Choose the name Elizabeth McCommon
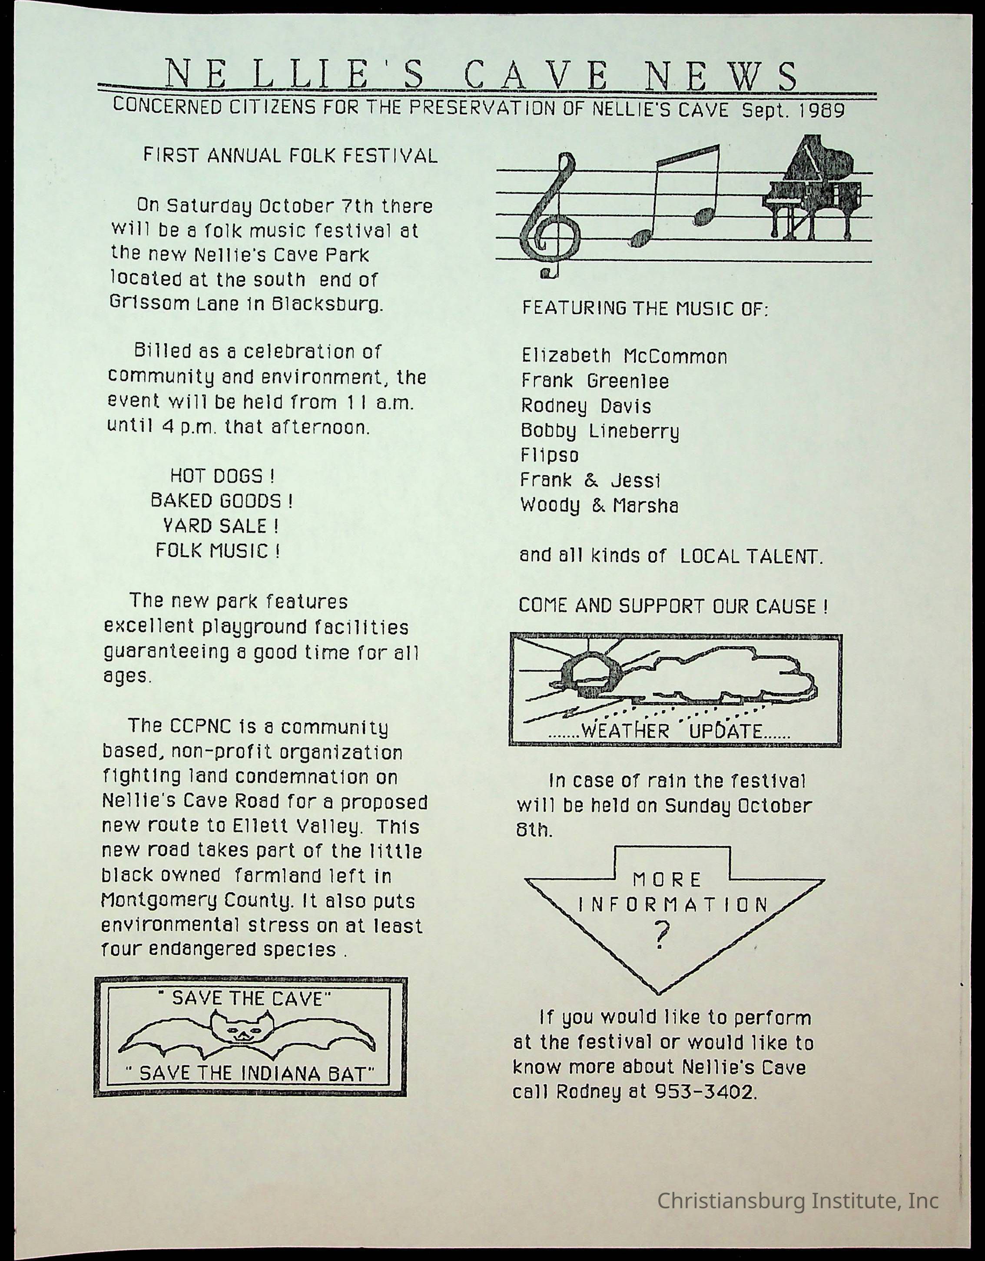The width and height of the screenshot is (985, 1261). click(624, 356)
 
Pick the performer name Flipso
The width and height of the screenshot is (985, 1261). click(549, 456)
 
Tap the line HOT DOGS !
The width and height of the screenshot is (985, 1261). click(222, 477)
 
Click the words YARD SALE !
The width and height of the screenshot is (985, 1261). click(222, 526)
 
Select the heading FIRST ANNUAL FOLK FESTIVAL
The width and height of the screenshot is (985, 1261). click(290, 156)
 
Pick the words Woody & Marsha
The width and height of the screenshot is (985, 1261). click(599, 506)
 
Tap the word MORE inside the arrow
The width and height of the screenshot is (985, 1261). click(667, 880)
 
